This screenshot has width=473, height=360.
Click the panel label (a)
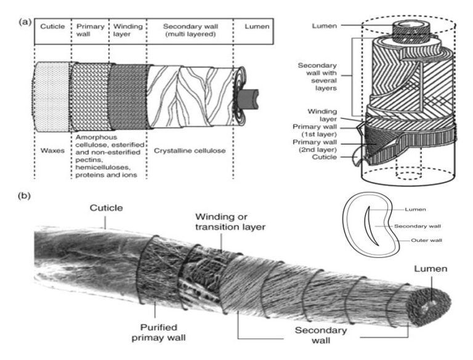point(25,22)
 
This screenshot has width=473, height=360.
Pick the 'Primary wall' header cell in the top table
point(90,31)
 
